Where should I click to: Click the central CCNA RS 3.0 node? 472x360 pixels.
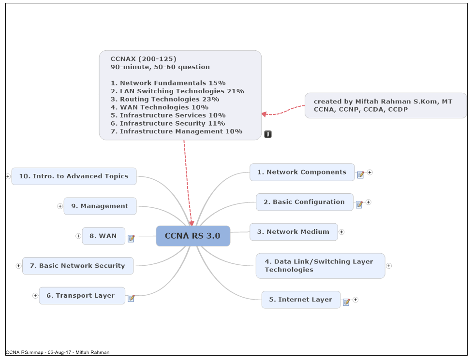click(x=192, y=236)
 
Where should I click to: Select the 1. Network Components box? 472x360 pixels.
click(x=302, y=172)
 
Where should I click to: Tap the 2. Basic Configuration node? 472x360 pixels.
click(x=304, y=202)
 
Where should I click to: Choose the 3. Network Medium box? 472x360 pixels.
click(x=293, y=232)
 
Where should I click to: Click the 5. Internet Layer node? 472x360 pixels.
click(x=301, y=300)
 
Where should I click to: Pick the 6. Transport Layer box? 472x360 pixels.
click(x=82, y=296)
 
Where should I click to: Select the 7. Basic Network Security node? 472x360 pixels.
click(x=77, y=266)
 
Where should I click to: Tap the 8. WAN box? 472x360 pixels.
click(x=103, y=236)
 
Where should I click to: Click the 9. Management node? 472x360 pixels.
click(x=100, y=206)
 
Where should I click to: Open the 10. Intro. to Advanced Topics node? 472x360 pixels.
click(x=74, y=176)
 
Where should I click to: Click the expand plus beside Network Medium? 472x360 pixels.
click(x=341, y=232)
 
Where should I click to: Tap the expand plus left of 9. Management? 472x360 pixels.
click(x=60, y=206)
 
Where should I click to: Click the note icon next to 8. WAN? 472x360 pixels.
click(x=131, y=238)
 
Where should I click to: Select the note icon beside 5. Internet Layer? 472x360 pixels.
click(x=346, y=302)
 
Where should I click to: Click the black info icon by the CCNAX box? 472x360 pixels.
click(x=268, y=134)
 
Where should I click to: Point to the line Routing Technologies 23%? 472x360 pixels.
click(x=164, y=99)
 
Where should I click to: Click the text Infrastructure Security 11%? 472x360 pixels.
click(x=167, y=123)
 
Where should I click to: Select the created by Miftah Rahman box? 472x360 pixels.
click(x=385, y=105)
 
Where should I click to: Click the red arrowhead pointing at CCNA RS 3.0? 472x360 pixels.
click(x=192, y=223)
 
